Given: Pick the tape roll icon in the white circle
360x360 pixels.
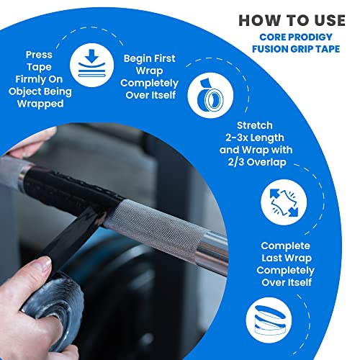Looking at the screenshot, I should [x=210, y=97].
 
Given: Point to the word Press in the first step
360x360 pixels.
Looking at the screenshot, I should [x=39, y=54].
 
